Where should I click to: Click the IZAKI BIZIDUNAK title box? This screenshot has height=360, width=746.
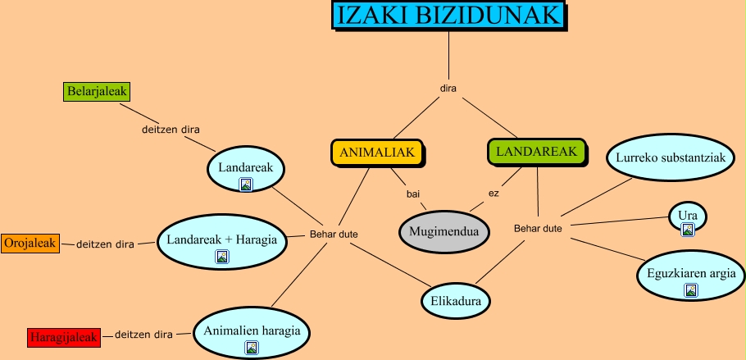pyautogui.click(x=449, y=16)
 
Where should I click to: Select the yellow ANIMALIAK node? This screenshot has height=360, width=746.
pyautogui.click(x=378, y=153)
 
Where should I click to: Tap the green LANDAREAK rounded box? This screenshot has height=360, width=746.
pyautogui.click(x=536, y=151)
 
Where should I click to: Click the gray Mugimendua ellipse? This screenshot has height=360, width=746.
pyautogui.click(x=444, y=232)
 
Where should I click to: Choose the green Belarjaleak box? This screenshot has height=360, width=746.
pyautogui.click(x=97, y=92)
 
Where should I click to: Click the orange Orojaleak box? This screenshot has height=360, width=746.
pyautogui.click(x=30, y=244)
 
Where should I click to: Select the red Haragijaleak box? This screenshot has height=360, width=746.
pyautogui.click(x=63, y=337)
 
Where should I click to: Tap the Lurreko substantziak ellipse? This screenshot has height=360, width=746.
pyautogui.click(x=665, y=157)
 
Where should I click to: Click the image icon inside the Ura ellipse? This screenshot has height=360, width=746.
pyautogui.click(x=688, y=229)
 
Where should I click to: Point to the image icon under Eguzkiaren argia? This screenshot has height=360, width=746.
pyautogui.click(x=690, y=289)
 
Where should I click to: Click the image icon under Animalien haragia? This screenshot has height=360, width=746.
pyautogui.click(x=252, y=348)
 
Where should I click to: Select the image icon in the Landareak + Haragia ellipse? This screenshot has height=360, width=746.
pyautogui.click(x=221, y=257)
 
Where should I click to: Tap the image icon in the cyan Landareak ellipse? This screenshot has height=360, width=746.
pyautogui.click(x=245, y=185)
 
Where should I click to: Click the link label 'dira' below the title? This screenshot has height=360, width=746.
pyautogui.click(x=448, y=88)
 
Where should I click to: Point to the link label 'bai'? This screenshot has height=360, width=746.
pyautogui.click(x=413, y=194)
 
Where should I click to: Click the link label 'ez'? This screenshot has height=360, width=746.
pyautogui.click(x=494, y=194)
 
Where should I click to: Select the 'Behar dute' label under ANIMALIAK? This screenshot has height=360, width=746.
pyautogui.click(x=334, y=235)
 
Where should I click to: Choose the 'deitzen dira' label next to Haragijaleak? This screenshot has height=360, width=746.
pyautogui.click(x=143, y=335)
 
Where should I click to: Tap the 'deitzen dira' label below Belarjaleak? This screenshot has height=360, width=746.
pyautogui.click(x=170, y=129)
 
